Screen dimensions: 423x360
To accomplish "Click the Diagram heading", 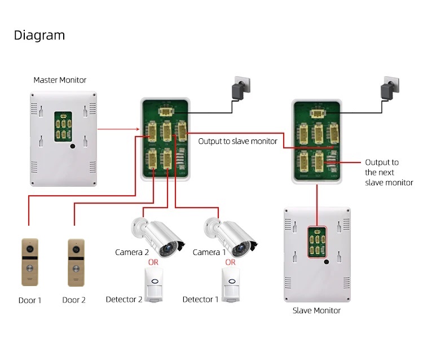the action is [39, 36].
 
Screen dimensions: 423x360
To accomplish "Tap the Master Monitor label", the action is [60, 80].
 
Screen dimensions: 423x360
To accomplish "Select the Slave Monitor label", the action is [316, 310].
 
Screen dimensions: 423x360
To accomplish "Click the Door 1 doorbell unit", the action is [30, 262].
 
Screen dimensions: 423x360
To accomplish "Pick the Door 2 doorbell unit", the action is [76, 262].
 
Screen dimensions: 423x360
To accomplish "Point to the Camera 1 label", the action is [209, 252].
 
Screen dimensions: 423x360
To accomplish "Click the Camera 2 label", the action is [132, 252].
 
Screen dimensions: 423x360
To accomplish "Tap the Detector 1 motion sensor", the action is [231, 285].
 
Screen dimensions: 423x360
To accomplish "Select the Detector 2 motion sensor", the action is [154, 285].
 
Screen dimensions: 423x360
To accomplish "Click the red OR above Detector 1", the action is [230, 262].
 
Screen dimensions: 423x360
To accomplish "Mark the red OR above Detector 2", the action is [153, 262].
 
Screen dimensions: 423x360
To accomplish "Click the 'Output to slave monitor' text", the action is [237, 141].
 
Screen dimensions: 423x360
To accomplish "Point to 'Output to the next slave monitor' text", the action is [389, 173].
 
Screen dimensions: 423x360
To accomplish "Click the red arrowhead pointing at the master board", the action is [138, 129].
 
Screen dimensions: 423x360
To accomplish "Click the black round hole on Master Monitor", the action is [73, 146].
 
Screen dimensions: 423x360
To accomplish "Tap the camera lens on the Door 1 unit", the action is [30, 248].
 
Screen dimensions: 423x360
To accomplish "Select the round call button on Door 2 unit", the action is [76, 269].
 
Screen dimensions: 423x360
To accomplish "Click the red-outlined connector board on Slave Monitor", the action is [317, 242].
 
